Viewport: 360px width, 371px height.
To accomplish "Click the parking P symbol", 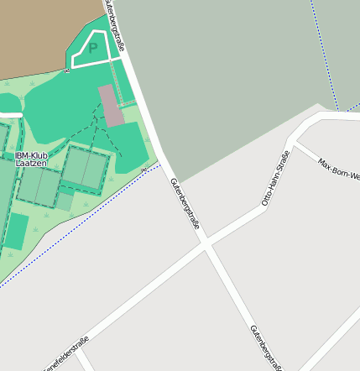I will pyautogui.click(x=93, y=49).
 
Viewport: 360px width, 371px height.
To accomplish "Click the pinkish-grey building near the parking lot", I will pyautogui.click(x=111, y=105).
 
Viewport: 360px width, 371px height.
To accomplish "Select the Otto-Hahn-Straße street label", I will pyautogui.click(x=276, y=179).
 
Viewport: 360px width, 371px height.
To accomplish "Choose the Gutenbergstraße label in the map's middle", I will pyautogui.click(x=185, y=204).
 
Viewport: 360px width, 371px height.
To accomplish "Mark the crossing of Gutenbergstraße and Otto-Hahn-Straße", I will pyautogui.click(x=206, y=244).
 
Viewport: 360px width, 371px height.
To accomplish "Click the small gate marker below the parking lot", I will pyautogui.click(x=66, y=71).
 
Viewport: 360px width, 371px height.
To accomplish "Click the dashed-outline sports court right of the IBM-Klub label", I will pyautogui.click(x=86, y=171).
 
